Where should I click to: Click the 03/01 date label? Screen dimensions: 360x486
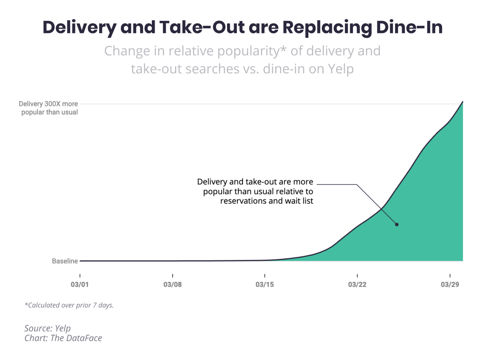tap(80, 285)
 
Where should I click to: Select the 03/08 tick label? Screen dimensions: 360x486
tap(172, 285)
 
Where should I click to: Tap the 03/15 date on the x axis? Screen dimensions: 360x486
tap(265, 285)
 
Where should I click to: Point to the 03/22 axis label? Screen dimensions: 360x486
tap(357, 285)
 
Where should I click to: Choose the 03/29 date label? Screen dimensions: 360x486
tap(450, 285)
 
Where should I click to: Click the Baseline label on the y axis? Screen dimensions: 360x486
tap(65, 261)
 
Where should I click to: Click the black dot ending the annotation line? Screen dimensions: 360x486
tap(397, 224)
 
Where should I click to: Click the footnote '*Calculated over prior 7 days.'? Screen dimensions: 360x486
tap(69, 305)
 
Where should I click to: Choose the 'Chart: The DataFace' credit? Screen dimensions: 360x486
tap(63, 338)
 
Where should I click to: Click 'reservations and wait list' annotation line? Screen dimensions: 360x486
tap(267, 201)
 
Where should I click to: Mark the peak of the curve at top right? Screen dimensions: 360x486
tap(462, 102)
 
